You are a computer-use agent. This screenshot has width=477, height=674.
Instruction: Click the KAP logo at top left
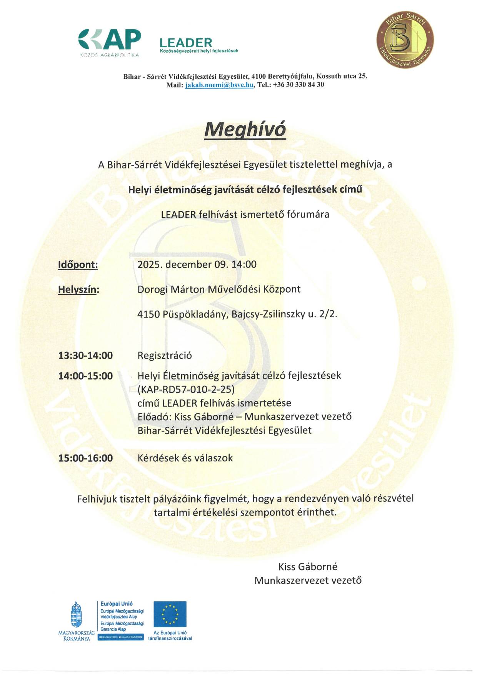pos(110,41)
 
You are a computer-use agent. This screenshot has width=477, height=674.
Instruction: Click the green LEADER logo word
pos(186,42)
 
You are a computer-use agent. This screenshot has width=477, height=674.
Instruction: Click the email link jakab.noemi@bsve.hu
pos(219,85)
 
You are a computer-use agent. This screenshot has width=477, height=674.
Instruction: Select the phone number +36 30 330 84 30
pos(298,85)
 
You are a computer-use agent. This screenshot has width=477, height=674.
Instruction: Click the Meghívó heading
pos(245,130)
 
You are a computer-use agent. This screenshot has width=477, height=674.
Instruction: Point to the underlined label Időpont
pos(78,265)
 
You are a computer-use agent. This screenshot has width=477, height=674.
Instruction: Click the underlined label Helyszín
pos(78,290)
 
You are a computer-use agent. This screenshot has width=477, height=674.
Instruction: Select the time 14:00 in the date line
pos(244,265)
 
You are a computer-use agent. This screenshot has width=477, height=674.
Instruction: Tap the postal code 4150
pos(148,314)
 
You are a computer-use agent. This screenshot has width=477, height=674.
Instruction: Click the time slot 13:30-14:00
pos(85,356)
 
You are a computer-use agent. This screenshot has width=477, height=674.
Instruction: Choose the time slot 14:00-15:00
pos(85,376)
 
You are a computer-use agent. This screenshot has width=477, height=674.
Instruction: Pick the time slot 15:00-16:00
pos(85,458)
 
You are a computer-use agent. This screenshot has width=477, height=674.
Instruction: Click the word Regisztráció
pos(165,356)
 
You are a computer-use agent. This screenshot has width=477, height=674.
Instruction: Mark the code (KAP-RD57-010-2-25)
pos(186,389)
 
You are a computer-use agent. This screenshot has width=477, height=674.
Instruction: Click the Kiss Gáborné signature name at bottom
pos(308,567)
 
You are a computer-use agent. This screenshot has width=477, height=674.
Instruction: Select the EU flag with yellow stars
pos(170,614)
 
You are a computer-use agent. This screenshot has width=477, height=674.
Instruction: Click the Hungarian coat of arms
pos(76,615)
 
